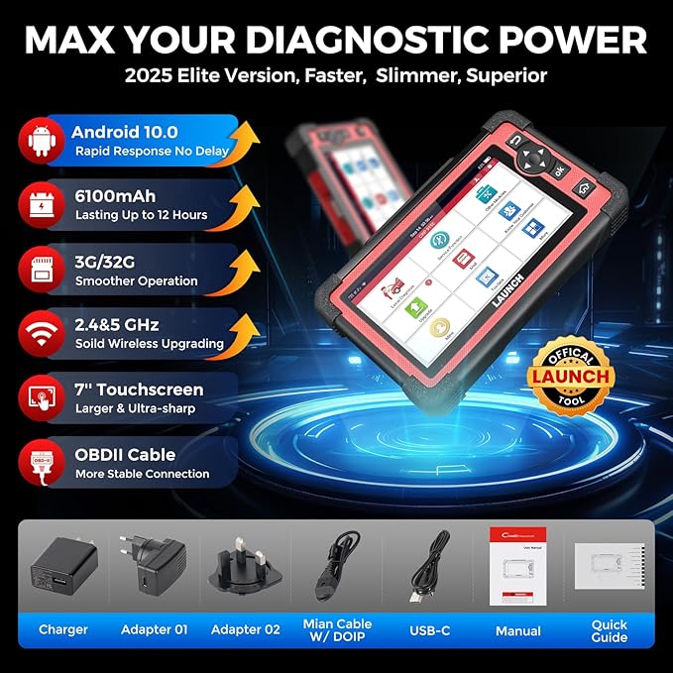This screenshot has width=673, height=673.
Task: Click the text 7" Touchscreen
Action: [139, 390]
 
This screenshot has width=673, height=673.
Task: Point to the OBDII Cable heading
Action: [125, 455]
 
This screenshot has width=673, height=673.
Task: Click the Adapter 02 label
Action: [244, 629]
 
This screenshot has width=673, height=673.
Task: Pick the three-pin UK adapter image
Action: [243, 568]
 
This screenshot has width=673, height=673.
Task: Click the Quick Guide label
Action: [610, 630]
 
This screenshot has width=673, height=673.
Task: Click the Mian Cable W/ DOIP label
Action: [337, 629]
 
